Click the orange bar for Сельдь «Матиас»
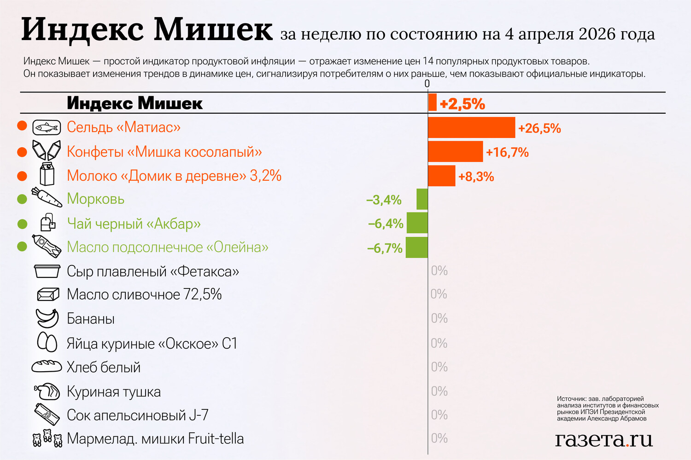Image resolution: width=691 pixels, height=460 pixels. coord(471,127)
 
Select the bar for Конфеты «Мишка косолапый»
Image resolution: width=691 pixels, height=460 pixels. coord(455,152)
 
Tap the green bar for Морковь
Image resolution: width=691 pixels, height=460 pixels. coord(422,199)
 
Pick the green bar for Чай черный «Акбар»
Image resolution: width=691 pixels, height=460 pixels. coord(417,223)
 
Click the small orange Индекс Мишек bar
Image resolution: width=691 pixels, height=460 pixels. coord(432,102)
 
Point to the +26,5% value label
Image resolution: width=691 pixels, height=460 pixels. coord(539,128)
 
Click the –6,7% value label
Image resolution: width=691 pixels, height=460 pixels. coord(385,248)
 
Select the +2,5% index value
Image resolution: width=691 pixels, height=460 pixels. coord(462,104)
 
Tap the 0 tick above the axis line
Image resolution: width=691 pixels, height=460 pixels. coord(427,84)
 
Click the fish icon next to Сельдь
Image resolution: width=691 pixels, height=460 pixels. coord(47,127)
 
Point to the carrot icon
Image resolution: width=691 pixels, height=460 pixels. coord(47,197)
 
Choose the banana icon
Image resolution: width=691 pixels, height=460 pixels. coord(47,318)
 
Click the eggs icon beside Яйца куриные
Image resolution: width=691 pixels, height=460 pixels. coord(47,342)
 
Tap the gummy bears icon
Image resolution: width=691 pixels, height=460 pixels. coord(47,438)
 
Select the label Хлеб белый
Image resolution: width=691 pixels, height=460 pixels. coord(104,367)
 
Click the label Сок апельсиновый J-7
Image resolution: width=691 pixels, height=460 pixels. coord(137,415)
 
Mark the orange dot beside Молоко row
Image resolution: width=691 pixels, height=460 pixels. coord(22,176)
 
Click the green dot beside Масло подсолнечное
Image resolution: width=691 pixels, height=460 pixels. coord(22,247)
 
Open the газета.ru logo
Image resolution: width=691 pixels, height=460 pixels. coord(603,439)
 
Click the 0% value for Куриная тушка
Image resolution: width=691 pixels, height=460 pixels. coord(439,391)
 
